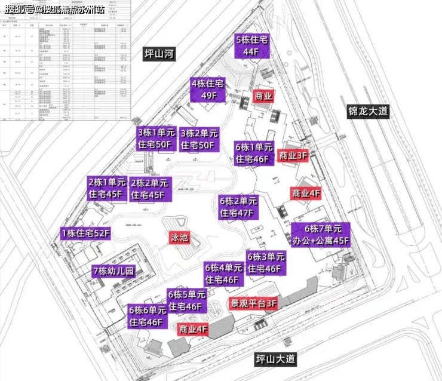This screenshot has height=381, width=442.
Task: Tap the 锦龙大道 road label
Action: (x=369, y=112)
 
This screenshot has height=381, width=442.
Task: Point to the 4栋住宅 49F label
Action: (x=210, y=90)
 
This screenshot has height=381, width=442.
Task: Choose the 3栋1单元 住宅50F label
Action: (x=155, y=139)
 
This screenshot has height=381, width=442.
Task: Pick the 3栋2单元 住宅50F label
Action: (x=199, y=139)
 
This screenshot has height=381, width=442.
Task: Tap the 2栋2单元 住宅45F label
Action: (x=151, y=189)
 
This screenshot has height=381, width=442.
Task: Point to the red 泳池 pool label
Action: (x=179, y=238)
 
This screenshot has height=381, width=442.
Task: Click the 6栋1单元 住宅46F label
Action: (x=254, y=153)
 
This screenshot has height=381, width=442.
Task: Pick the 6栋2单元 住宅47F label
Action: (x=238, y=207)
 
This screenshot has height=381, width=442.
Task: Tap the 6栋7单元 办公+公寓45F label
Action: (x=321, y=235)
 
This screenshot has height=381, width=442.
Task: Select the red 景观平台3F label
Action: (x=254, y=303)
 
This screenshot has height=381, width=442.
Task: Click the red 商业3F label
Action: (x=293, y=155)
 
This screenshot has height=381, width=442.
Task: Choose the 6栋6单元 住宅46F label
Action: (x=146, y=317)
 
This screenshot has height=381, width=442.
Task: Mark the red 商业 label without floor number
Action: (x=263, y=96)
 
